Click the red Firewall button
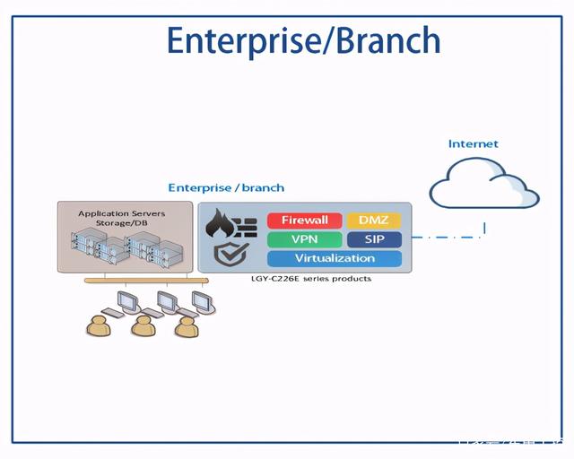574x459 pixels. click(x=305, y=221)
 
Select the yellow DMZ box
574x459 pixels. click(x=373, y=221)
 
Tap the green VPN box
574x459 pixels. click(x=305, y=239)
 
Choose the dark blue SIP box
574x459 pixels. click(x=373, y=239)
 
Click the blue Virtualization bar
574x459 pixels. click(x=335, y=258)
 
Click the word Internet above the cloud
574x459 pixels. click(x=473, y=143)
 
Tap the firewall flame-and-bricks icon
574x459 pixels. click(x=231, y=223)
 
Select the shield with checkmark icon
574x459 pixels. click(x=228, y=256)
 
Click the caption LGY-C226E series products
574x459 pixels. click(x=311, y=279)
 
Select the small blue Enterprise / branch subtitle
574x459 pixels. click(x=226, y=188)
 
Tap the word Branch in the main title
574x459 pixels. click(x=391, y=41)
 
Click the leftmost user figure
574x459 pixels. click(x=99, y=325)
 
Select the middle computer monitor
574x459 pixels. click(x=166, y=301)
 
